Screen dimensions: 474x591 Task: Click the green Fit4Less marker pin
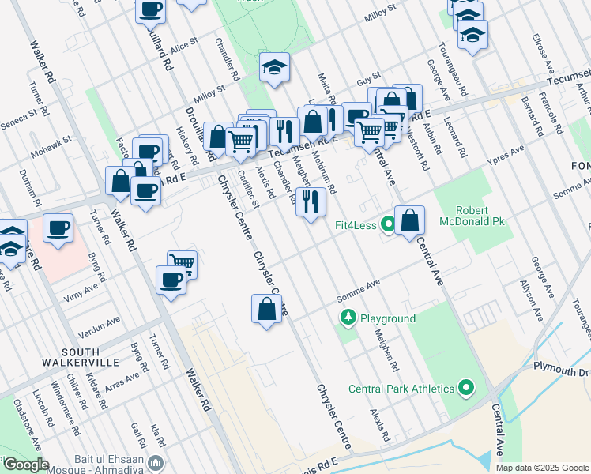click(x=387, y=224)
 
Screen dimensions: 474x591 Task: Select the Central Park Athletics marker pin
click(x=465, y=388)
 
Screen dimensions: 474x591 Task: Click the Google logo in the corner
click(x=25, y=465)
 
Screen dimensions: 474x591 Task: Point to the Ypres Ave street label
click(x=506, y=152)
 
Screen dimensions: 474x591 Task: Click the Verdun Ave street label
click(x=103, y=322)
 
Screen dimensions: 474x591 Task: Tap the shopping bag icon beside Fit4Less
click(x=410, y=221)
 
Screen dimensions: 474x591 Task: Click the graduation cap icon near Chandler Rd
click(x=274, y=68)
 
